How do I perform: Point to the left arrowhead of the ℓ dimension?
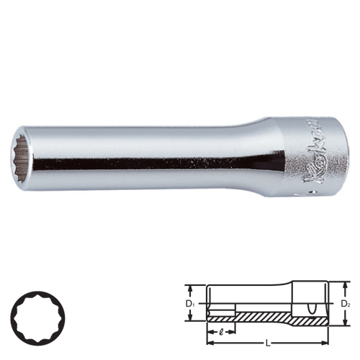(209, 333)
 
